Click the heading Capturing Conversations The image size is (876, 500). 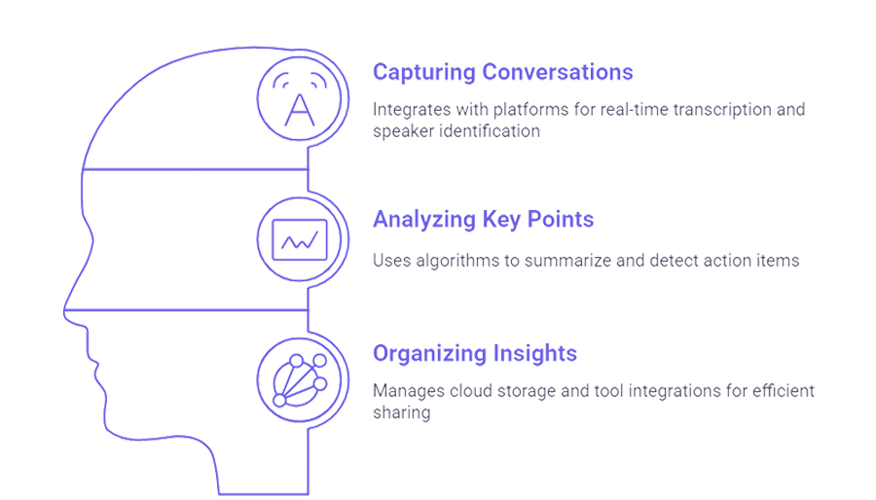503,73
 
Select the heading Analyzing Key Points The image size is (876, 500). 483,219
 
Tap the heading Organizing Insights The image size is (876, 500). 475,354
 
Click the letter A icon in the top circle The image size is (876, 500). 300,109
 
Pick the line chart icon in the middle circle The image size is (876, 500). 300,240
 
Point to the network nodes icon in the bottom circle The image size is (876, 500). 300,380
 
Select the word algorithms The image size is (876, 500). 457,261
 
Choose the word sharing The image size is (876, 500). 402,413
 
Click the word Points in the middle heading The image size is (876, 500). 561,219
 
